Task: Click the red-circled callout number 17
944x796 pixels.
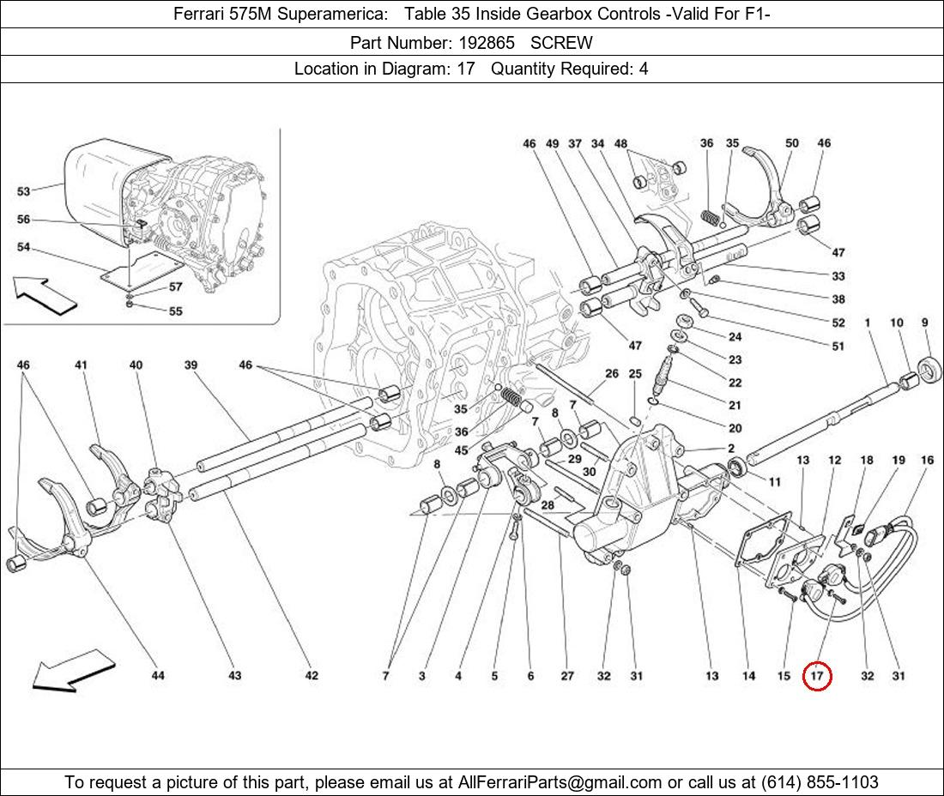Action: (817, 677)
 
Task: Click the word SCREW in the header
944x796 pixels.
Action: (561, 42)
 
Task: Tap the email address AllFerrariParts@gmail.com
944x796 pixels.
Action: (560, 781)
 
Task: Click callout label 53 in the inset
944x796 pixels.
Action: (23, 191)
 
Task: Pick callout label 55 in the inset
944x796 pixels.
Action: (175, 311)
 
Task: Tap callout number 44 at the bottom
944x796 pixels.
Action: (158, 676)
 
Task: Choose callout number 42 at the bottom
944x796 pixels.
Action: (312, 676)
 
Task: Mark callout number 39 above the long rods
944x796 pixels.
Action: (191, 365)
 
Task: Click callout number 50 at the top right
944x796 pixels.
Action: (791, 144)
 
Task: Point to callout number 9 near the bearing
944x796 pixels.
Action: (925, 323)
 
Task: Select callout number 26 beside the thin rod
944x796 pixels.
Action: (611, 374)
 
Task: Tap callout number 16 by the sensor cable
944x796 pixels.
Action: (927, 461)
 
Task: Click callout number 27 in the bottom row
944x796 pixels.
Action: (567, 676)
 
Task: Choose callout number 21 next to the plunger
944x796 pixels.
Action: (735, 406)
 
